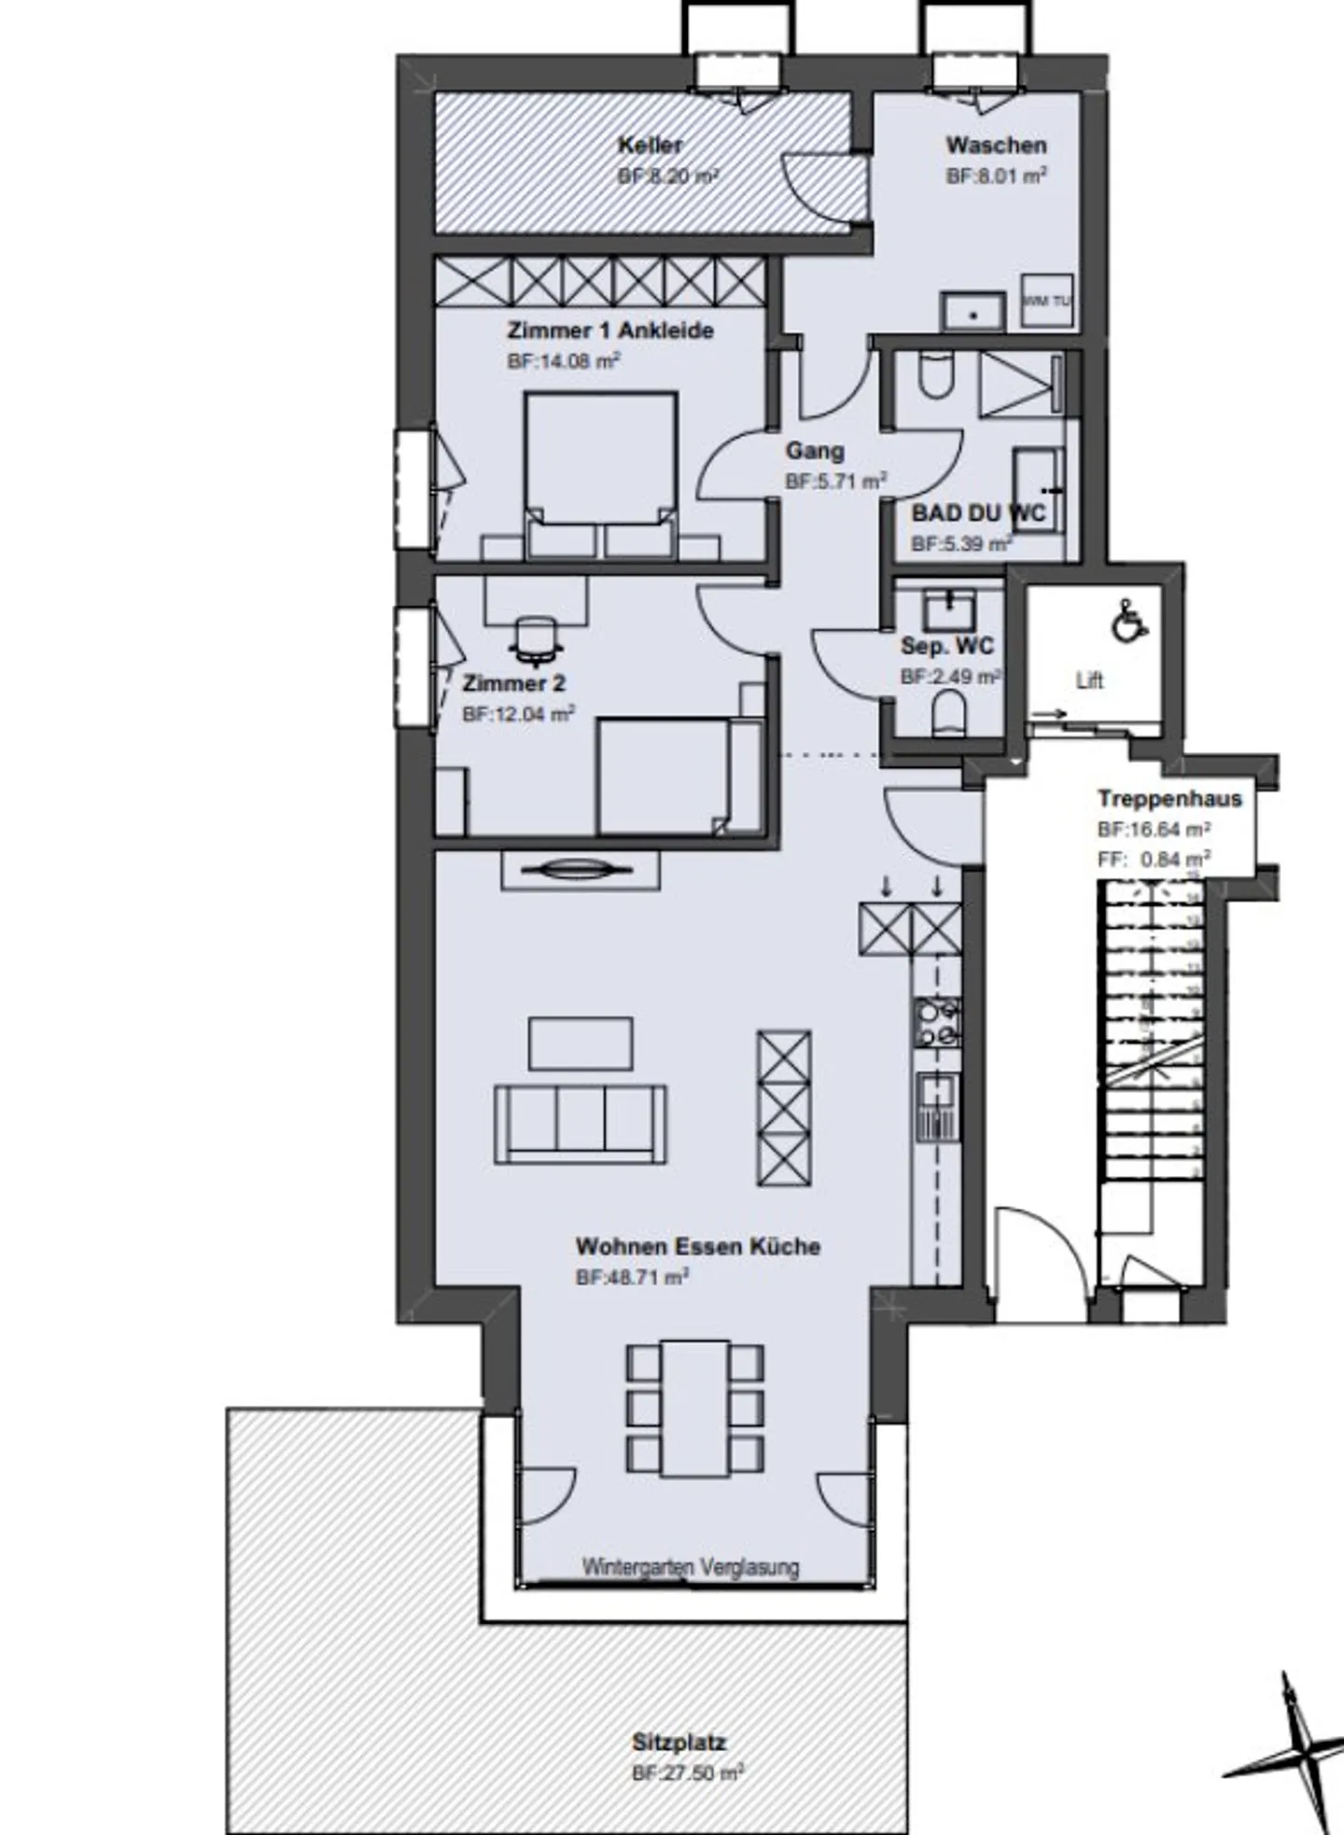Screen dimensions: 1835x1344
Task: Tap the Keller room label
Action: click(x=651, y=146)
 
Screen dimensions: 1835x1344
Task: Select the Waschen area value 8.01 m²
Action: click(x=996, y=175)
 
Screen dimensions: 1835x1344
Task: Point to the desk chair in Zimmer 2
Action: click(x=536, y=641)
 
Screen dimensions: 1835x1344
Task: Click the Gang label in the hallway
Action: click(x=815, y=452)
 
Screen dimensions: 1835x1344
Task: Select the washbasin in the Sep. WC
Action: click(x=949, y=611)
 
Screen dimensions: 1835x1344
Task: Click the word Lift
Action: click(x=1089, y=680)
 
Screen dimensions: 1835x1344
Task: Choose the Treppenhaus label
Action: click(x=1169, y=799)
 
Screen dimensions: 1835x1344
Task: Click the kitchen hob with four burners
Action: click(x=936, y=1023)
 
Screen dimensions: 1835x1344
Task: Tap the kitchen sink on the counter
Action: click(x=936, y=1092)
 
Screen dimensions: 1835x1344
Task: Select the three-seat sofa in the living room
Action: click(x=581, y=1123)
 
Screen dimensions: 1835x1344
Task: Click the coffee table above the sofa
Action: click(x=581, y=1043)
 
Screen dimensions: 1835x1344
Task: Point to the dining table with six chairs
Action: click(x=695, y=1408)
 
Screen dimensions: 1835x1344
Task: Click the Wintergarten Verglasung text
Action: click(x=691, y=1567)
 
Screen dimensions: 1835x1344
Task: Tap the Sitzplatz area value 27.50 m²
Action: click(x=688, y=1773)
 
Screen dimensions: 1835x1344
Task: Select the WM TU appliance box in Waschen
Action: click(x=1046, y=301)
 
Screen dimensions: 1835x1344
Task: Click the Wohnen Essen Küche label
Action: click(x=698, y=1247)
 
